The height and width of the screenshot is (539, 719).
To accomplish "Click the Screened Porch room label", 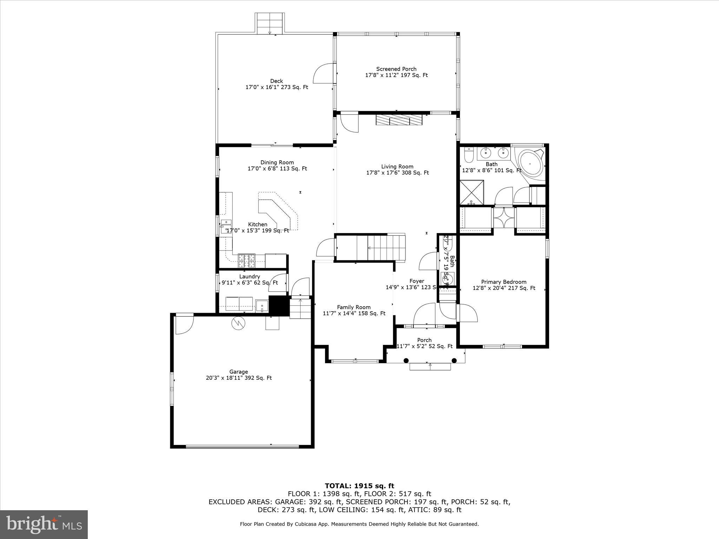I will (x=396, y=69).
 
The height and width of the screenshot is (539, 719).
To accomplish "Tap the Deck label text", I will (x=277, y=81).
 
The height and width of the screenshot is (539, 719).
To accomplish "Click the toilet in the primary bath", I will (x=468, y=154).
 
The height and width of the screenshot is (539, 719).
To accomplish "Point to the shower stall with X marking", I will (x=471, y=192).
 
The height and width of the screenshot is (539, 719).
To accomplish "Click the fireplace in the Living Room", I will (x=399, y=120).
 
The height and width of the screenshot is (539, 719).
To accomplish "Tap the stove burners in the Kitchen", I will (x=246, y=261).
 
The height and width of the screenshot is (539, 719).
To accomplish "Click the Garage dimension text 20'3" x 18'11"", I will (x=239, y=378).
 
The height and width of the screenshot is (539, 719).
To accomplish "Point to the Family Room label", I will (x=354, y=307).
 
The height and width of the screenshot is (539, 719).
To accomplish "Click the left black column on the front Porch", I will (x=406, y=360).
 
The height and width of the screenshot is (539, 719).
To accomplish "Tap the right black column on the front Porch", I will (x=454, y=360).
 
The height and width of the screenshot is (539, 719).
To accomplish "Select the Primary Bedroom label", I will (x=504, y=282).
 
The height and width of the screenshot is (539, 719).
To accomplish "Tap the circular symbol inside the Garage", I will (x=238, y=323).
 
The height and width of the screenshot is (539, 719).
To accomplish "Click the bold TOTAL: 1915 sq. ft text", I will (x=359, y=486).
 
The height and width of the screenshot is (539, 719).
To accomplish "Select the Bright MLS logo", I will (x=44, y=524).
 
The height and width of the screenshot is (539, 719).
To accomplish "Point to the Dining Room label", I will (x=277, y=162).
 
